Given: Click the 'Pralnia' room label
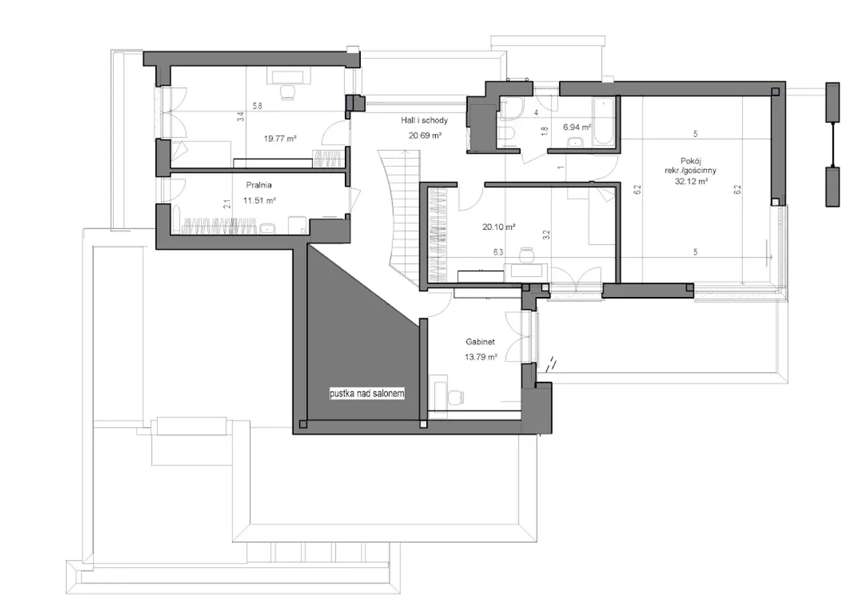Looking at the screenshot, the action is point(259,185).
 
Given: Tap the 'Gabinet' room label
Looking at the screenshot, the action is point(480,342).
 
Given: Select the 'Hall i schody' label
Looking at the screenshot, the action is point(424,121).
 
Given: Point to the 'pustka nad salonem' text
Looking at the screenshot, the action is point(367,394).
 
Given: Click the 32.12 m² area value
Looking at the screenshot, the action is point(691,181).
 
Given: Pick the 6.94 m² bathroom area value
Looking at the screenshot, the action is point(576,127).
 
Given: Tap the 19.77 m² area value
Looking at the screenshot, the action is point(280,139).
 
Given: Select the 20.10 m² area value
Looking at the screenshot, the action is point(499,227).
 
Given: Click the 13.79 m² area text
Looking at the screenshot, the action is point(481,357).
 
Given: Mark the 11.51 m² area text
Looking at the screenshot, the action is point(260,200).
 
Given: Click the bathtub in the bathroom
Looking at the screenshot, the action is point(604,121).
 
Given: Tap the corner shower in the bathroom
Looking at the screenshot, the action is point(512,108).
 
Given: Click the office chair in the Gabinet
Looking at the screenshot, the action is point(456,398).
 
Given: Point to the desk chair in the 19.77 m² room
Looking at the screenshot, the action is point(287,93).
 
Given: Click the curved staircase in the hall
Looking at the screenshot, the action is point(403,217).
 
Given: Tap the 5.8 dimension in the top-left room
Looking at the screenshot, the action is point(258,106).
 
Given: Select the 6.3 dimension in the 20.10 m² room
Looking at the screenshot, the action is point(499,252).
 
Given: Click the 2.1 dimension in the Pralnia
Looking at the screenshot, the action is point(227,204).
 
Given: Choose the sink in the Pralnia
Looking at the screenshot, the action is point(268,228).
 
